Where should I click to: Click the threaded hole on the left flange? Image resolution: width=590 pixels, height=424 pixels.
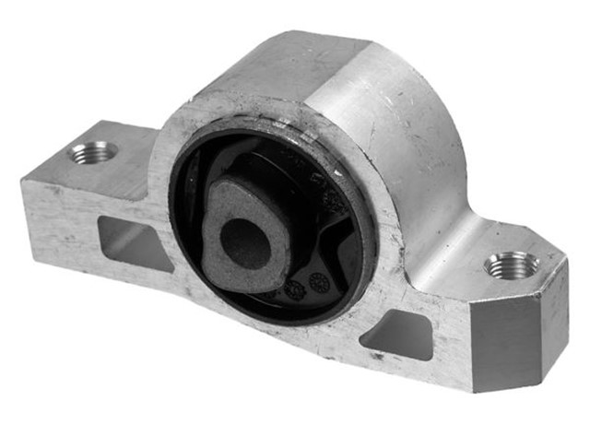(x=94, y=152)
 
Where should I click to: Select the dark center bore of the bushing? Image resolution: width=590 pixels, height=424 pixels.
(x=245, y=242)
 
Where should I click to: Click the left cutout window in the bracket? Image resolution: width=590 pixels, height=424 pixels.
(x=129, y=241)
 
